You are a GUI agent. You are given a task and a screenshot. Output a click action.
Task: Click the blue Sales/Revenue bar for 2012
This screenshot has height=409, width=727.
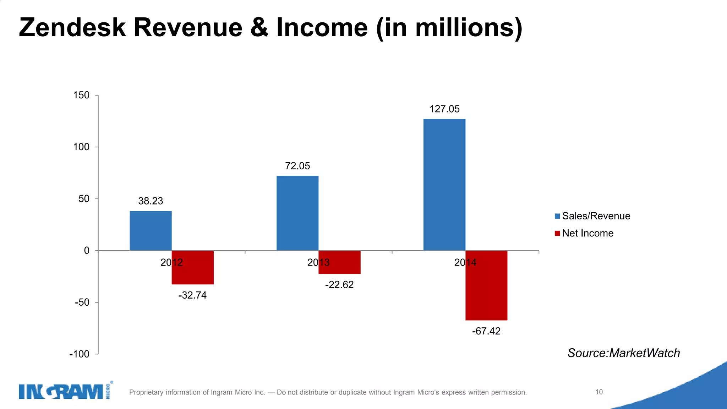click(x=151, y=231)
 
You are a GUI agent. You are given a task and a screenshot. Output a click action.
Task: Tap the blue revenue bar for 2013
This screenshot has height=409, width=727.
click(x=297, y=213)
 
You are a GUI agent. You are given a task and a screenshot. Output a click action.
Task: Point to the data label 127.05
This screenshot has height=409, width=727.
click(x=444, y=109)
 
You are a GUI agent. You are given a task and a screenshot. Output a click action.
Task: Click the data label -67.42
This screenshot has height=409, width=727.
click(x=486, y=331)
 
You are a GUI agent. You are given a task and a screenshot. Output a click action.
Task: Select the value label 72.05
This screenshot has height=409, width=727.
click(x=297, y=166)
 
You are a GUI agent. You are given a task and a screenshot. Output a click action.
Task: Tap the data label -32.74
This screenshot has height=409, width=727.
click(x=192, y=295)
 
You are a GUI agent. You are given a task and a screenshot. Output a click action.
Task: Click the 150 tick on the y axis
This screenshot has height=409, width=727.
click(x=81, y=95)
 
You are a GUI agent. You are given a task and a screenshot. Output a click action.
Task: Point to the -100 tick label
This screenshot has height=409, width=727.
click(x=80, y=354)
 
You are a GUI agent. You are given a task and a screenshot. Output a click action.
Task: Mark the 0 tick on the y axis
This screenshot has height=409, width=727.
click(x=87, y=251)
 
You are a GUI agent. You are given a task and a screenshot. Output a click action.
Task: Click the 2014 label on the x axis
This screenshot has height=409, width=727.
click(x=465, y=263)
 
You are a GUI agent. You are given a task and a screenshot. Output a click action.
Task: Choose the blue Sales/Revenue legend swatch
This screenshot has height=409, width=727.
click(x=557, y=216)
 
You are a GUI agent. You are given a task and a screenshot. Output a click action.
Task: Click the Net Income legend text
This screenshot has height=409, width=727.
click(x=587, y=233)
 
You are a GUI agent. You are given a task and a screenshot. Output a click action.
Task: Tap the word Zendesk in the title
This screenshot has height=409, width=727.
click(x=72, y=28)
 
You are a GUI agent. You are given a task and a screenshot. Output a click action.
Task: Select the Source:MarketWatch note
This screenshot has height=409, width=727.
click(x=623, y=353)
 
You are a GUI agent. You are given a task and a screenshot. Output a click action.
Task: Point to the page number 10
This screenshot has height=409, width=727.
click(x=599, y=392)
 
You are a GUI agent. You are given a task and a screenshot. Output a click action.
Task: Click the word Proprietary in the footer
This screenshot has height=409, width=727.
click(x=146, y=392)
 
